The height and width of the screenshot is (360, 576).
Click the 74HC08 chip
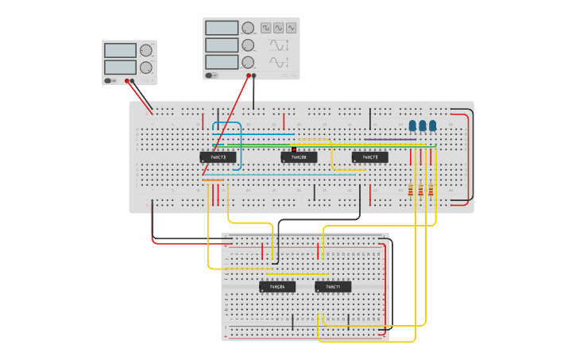click(x=299, y=157)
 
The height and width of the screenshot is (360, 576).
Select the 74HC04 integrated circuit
click(x=277, y=286)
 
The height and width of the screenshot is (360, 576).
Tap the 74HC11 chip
click(x=333, y=286)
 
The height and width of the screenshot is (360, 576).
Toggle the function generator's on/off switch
click(x=212, y=75)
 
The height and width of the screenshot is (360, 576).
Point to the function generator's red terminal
click(x=249, y=76)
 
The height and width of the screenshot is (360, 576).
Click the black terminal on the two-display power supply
click(x=133, y=80)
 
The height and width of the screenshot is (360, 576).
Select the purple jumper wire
click(x=389, y=140)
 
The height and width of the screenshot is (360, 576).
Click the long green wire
click(x=334, y=145)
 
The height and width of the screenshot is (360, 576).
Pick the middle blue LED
click(x=423, y=126)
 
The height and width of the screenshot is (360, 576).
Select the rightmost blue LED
click(x=433, y=126)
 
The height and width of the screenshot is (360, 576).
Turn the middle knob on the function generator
click(x=248, y=45)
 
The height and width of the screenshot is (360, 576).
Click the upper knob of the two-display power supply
click(x=145, y=50)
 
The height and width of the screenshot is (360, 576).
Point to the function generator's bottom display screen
click(x=222, y=62)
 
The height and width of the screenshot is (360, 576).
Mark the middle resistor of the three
click(x=420, y=190)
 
